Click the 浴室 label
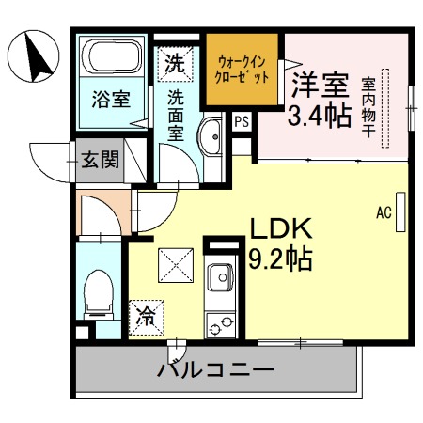[110, 97]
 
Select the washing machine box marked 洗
[175, 65]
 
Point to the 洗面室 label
[175, 113]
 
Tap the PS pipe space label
[242, 120]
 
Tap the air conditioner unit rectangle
[401, 211]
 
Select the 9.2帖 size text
[279, 257]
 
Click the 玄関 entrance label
[100, 159]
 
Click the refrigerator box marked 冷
[147, 316]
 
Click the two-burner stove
[221, 324]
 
